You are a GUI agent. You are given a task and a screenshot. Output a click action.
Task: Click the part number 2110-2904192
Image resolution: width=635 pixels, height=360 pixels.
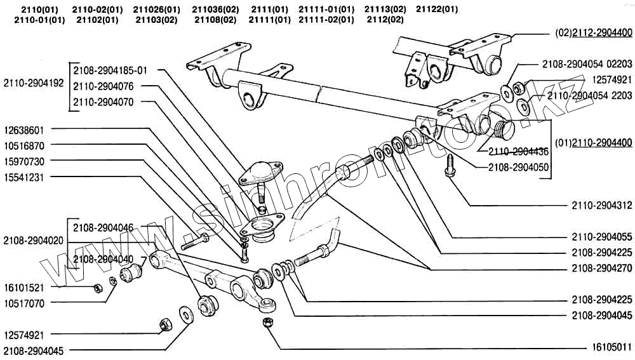(33, 83)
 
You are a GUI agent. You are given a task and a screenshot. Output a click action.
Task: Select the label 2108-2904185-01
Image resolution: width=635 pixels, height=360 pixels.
(110, 70)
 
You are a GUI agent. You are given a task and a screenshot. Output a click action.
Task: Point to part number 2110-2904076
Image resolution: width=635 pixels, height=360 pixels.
(103, 86)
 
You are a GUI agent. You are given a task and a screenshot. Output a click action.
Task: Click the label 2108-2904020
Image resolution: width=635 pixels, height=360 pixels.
(33, 241)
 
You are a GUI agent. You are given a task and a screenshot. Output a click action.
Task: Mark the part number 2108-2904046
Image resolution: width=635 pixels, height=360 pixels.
(103, 227)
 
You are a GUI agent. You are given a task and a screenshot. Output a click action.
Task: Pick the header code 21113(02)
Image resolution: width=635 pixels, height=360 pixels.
(385, 9)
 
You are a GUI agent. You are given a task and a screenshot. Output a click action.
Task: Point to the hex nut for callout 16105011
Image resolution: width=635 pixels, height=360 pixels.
(267, 323)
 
